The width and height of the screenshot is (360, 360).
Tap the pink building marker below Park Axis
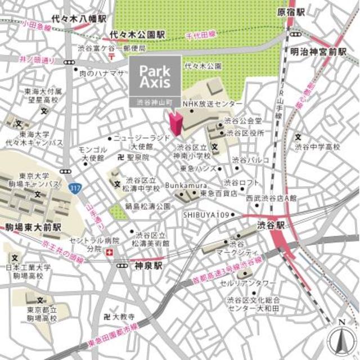tap(174, 123)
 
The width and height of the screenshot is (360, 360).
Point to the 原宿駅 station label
tap(291, 11)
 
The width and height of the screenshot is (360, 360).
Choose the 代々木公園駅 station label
tap(138, 34)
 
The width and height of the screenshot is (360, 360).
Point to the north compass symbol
tap(340, 337)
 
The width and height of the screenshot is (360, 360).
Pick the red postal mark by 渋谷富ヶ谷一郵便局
tap(112, 57)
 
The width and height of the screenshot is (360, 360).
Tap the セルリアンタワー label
tap(256, 282)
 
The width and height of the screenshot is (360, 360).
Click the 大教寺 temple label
tap(123, 317)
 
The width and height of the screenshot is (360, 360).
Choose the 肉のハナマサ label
tap(101, 73)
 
